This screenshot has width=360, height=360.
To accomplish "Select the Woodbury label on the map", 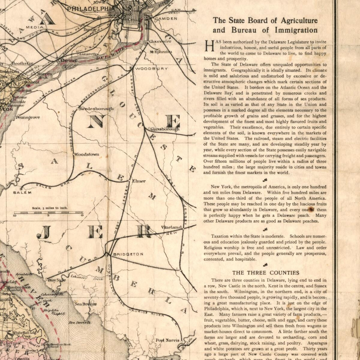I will [151, 69].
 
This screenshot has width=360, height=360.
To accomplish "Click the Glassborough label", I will [165, 129].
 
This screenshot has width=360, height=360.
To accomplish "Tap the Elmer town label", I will [139, 181].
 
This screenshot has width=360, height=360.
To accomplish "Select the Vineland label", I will [171, 227].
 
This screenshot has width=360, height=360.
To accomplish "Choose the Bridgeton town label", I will [128, 254].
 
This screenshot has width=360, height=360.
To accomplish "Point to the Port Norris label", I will [167, 340].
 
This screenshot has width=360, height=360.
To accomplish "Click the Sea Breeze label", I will [85, 304].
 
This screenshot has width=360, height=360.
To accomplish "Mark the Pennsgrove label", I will [28, 117].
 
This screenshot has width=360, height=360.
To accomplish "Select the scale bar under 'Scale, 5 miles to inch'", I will [48, 213].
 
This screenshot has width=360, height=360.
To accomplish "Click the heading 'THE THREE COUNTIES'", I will [265, 273].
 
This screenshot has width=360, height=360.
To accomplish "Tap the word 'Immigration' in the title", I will [296, 30].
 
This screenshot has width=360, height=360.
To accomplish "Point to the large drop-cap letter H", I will [209, 46].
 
